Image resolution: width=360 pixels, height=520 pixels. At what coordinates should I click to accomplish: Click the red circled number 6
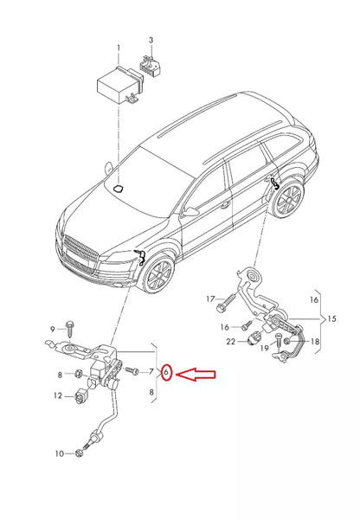point(168,375)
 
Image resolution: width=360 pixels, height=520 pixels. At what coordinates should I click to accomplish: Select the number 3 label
point(151,40)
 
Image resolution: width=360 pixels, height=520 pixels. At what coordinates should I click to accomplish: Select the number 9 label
point(52,329)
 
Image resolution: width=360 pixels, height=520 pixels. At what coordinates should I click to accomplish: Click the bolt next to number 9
point(69,330)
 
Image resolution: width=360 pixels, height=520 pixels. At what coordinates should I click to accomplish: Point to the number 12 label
point(58,396)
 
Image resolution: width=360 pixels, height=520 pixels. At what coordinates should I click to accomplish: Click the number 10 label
point(59,453)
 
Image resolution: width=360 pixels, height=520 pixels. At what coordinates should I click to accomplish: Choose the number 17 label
point(209,299)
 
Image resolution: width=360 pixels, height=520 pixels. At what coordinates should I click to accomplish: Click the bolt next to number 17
point(223,302)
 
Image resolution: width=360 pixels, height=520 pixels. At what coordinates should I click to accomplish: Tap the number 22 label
point(231,343)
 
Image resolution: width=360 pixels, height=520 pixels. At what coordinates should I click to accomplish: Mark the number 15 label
point(331,318)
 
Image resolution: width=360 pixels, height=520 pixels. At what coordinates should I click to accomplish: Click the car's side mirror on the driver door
point(190,210)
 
